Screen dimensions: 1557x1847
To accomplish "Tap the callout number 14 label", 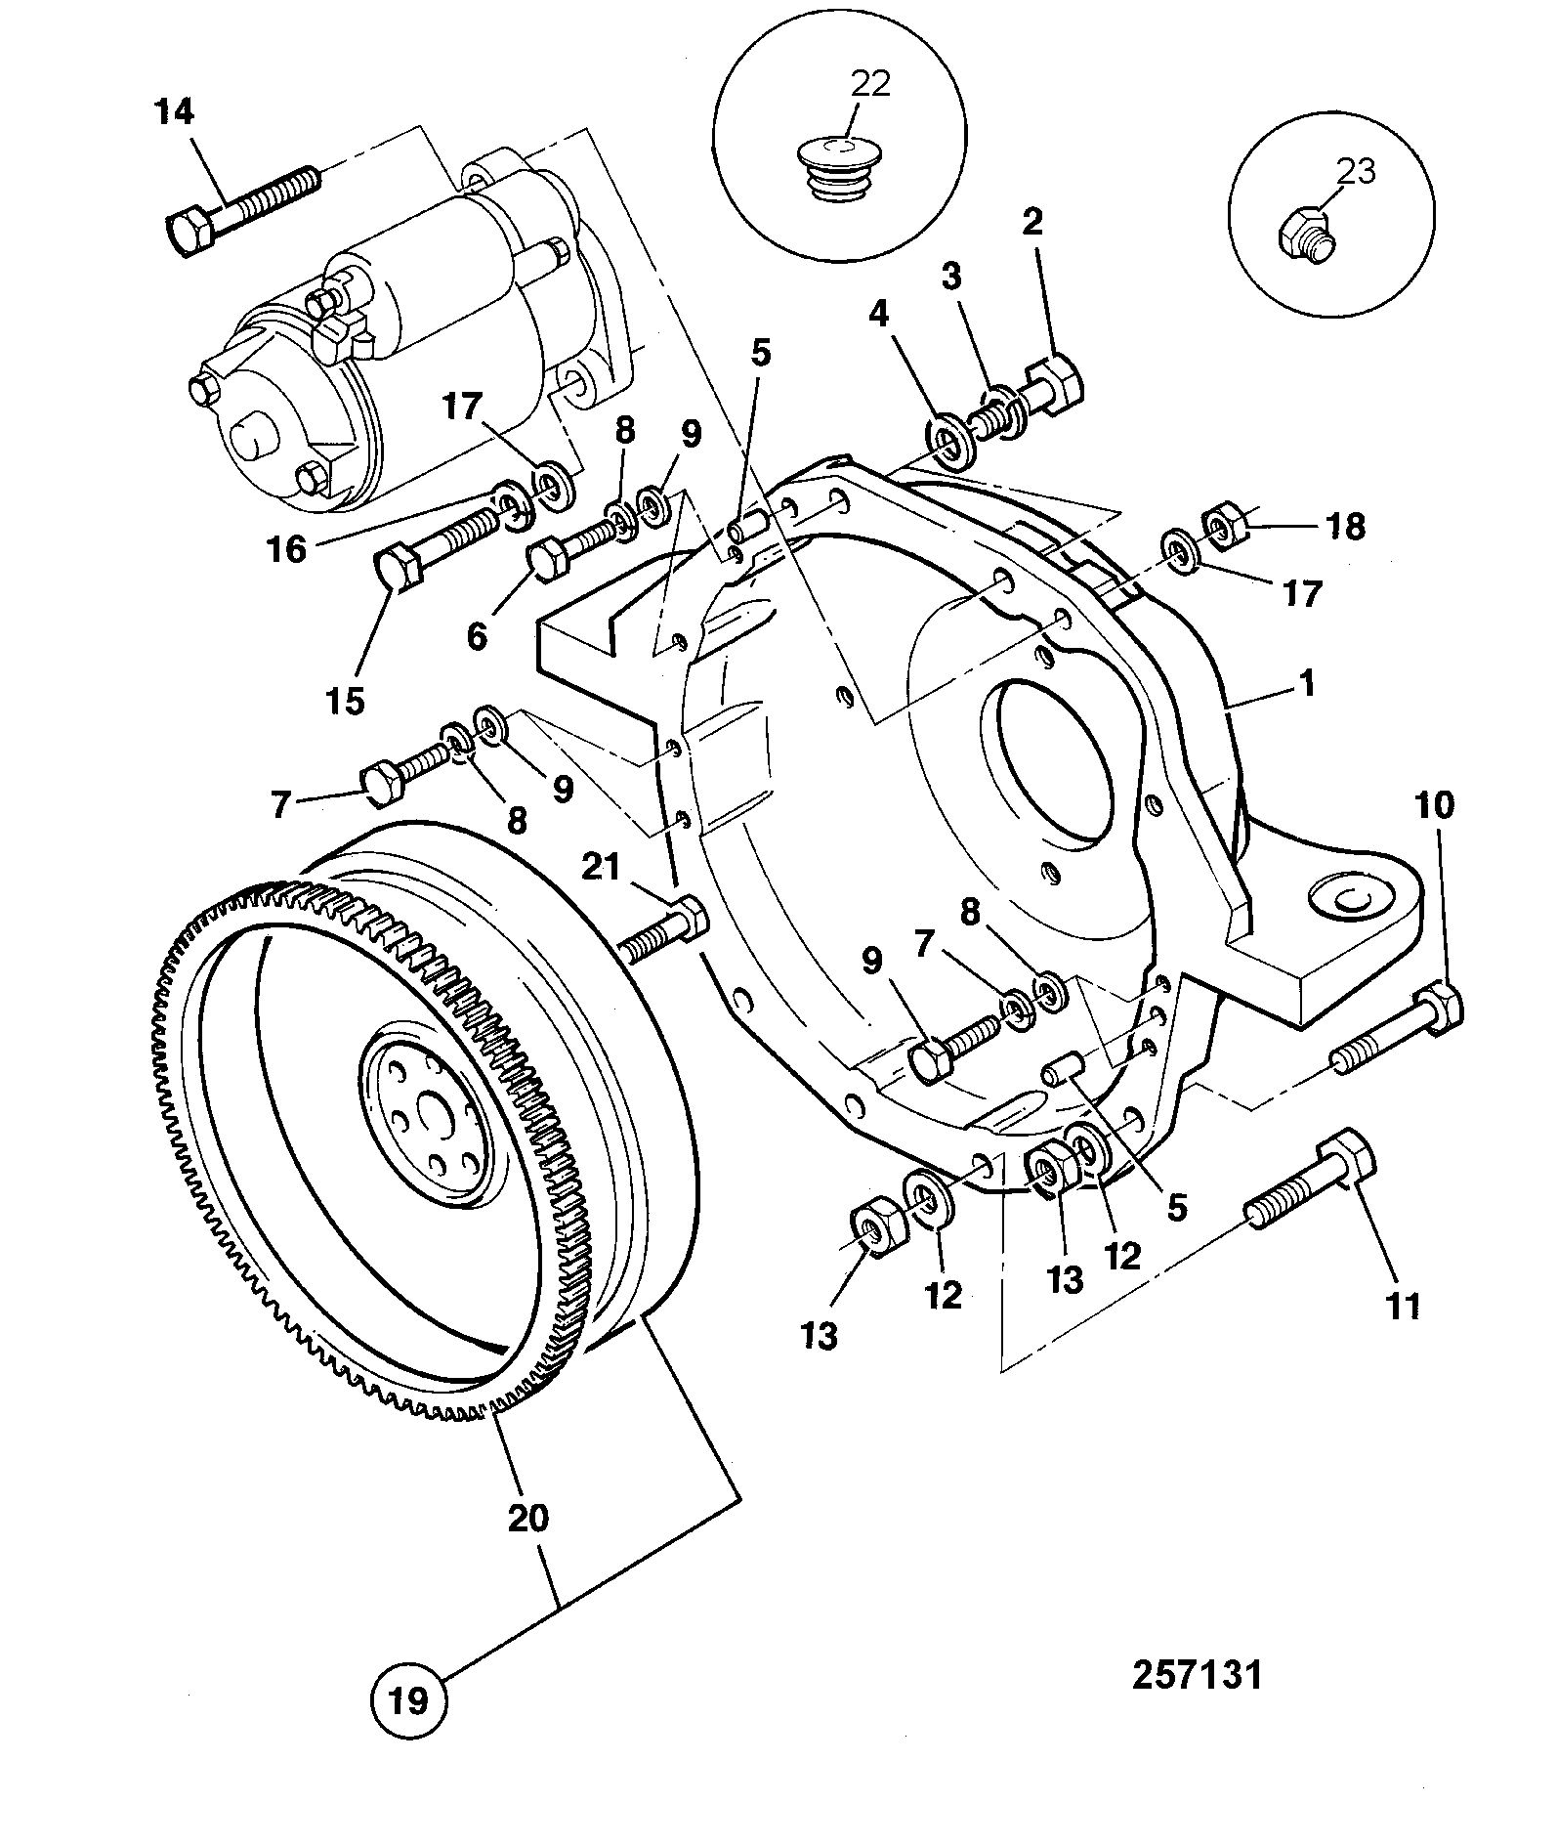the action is (174, 111).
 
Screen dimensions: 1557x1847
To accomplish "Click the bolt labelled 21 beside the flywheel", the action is (664, 928).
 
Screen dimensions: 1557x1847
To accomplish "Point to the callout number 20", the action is (527, 1517).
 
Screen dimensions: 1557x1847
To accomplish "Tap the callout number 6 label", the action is (477, 636).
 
